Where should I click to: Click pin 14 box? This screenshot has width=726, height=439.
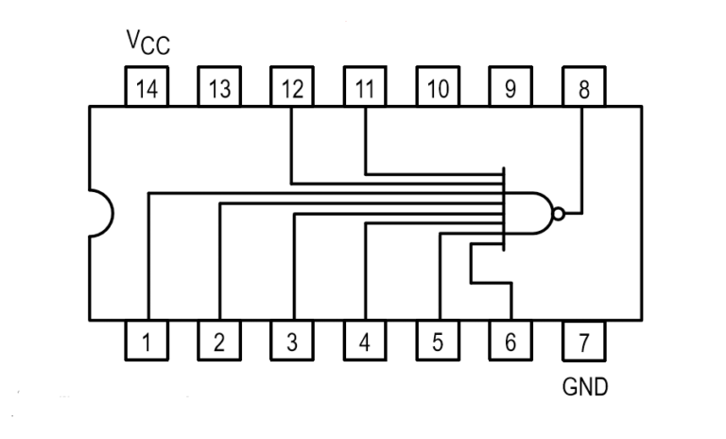tap(147, 88)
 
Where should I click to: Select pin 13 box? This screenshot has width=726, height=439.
tap(219, 88)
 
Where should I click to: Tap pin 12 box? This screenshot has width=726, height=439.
tap(292, 88)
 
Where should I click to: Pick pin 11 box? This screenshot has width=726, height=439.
tap(365, 88)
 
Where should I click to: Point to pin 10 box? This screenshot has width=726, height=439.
tap(438, 88)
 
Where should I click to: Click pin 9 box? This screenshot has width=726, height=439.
tap(510, 88)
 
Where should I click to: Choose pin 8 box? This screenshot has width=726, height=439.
tap(583, 88)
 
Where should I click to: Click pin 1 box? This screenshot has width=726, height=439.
tap(147, 341)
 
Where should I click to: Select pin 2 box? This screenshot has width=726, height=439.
tap(219, 341)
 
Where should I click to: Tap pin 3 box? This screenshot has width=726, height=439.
tap(292, 341)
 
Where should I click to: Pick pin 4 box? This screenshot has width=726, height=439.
tap(365, 341)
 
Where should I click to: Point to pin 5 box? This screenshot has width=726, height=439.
tap(438, 341)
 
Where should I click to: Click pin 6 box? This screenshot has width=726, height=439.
tap(510, 341)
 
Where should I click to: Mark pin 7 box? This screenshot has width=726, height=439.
tap(583, 341)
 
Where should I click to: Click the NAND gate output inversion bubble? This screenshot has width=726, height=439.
tap(559, 214)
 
